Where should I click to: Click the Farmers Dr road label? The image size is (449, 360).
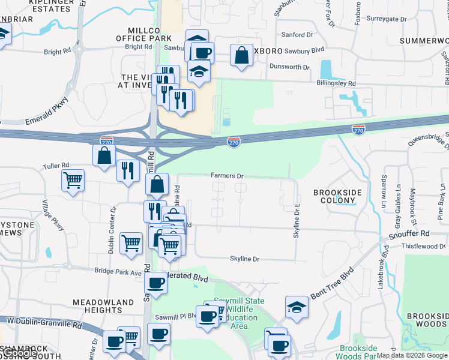pos(226,176)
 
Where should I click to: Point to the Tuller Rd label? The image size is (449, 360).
pos(56,165)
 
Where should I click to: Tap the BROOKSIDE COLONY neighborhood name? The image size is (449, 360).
pos(338,196)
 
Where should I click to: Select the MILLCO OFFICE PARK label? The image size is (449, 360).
pos(144,34)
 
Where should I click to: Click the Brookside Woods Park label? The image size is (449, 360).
pos(359,352)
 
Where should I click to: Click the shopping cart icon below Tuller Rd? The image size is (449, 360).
pos(73,179)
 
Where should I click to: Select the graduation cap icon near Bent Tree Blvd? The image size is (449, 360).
pos(297,307)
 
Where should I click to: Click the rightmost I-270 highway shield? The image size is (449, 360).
pos(358,128)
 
